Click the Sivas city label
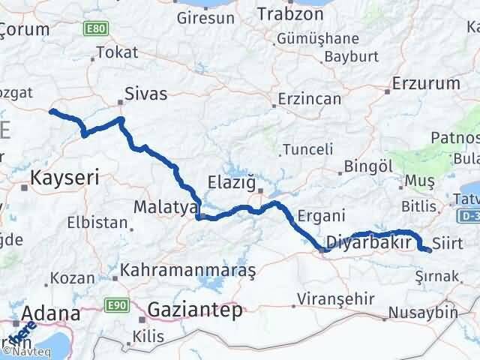147,94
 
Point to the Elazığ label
232,182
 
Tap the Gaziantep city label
196,309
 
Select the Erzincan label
304,98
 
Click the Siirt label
448,242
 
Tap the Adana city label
52,313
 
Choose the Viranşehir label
335,298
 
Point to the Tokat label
112,54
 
